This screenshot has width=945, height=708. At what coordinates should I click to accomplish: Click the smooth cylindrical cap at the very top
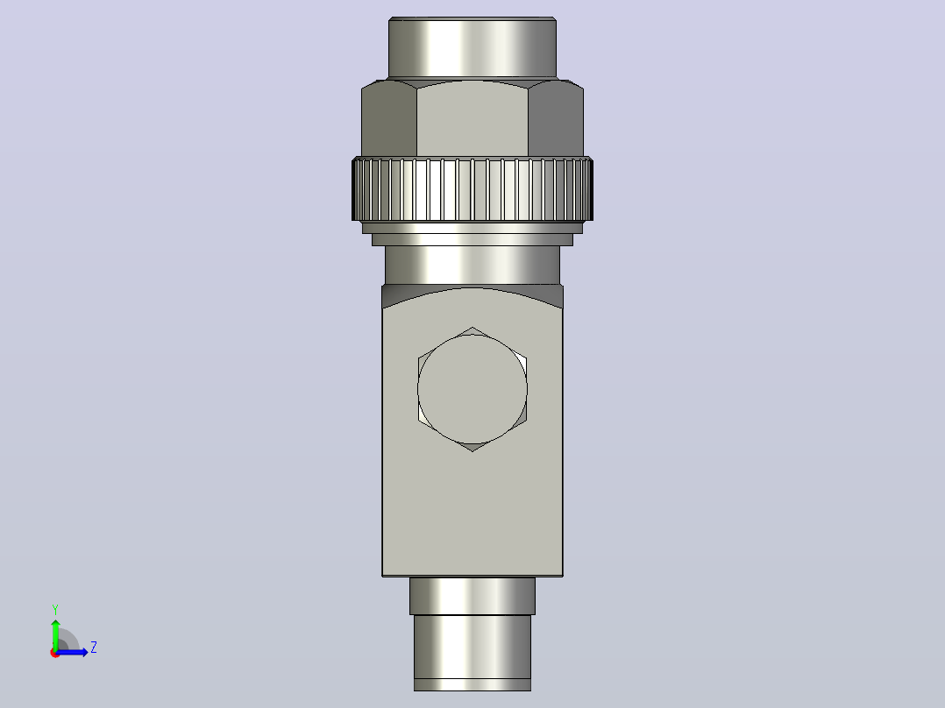click(x=472, y=47)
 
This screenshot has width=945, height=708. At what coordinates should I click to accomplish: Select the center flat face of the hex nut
click(x=472, y=119)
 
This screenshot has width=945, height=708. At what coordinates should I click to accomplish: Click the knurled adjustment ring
click(x=472, y=189)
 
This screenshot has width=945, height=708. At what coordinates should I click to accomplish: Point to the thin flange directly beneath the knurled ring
click(x=472, y=228)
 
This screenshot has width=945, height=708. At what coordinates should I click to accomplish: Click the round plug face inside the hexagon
click(x=472, y=389)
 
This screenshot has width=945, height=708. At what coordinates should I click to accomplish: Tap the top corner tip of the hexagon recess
click(x=472, y=327)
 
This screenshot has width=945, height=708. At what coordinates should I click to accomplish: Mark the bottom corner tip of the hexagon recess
click(x=472, y=451)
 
